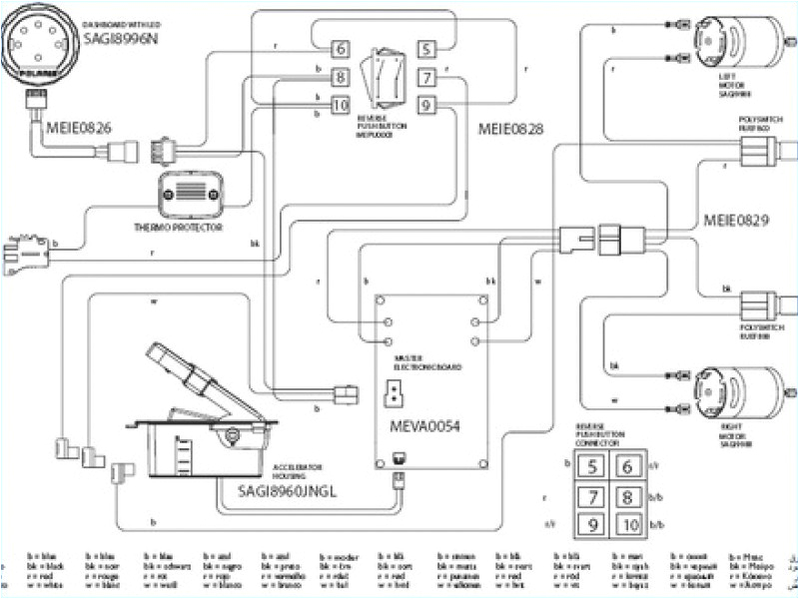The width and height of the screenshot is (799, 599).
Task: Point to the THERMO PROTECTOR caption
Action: (x=178, y=228)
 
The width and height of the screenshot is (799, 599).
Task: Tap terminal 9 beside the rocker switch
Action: (x=424, y=104)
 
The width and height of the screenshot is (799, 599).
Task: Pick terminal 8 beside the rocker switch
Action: (x=340, y=77)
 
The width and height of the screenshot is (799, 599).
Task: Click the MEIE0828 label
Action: (x=511, y=129)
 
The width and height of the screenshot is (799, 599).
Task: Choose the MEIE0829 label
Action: (x=735, y=219)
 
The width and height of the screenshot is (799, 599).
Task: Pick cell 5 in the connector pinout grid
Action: (x=591, y=465)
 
